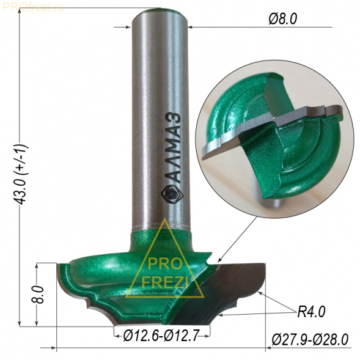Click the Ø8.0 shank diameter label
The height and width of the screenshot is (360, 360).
(282, 19)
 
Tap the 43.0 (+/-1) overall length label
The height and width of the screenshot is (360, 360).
(21, 174)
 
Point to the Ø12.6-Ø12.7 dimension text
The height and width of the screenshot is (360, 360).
(161, 336)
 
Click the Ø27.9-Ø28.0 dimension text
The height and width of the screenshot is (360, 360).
(310, 340)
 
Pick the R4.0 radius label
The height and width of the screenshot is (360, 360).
(311, 312)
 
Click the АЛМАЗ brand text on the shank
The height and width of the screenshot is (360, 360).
(176, 148)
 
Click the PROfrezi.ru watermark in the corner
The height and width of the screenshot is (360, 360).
(34, 7)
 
